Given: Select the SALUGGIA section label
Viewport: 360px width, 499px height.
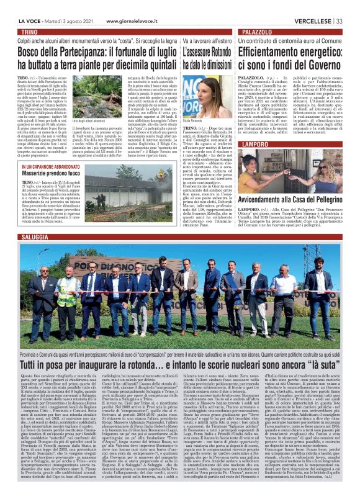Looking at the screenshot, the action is pyautogui.click(x=34, y=238).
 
